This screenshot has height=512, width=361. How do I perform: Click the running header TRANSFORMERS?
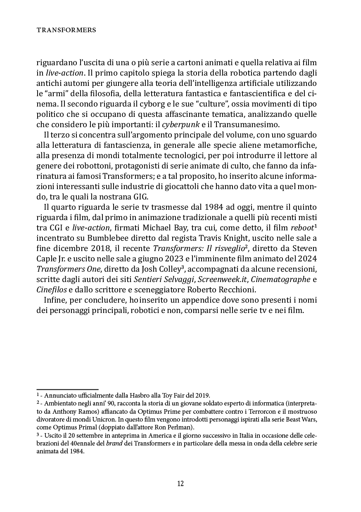click(66, 30)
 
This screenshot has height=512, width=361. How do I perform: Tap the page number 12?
click(180, 484)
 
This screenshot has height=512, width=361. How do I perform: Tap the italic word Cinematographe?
click(281, 279)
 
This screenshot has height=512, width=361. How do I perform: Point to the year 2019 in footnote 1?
click(203, 395)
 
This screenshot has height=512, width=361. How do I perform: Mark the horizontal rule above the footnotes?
click(67, 389)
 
